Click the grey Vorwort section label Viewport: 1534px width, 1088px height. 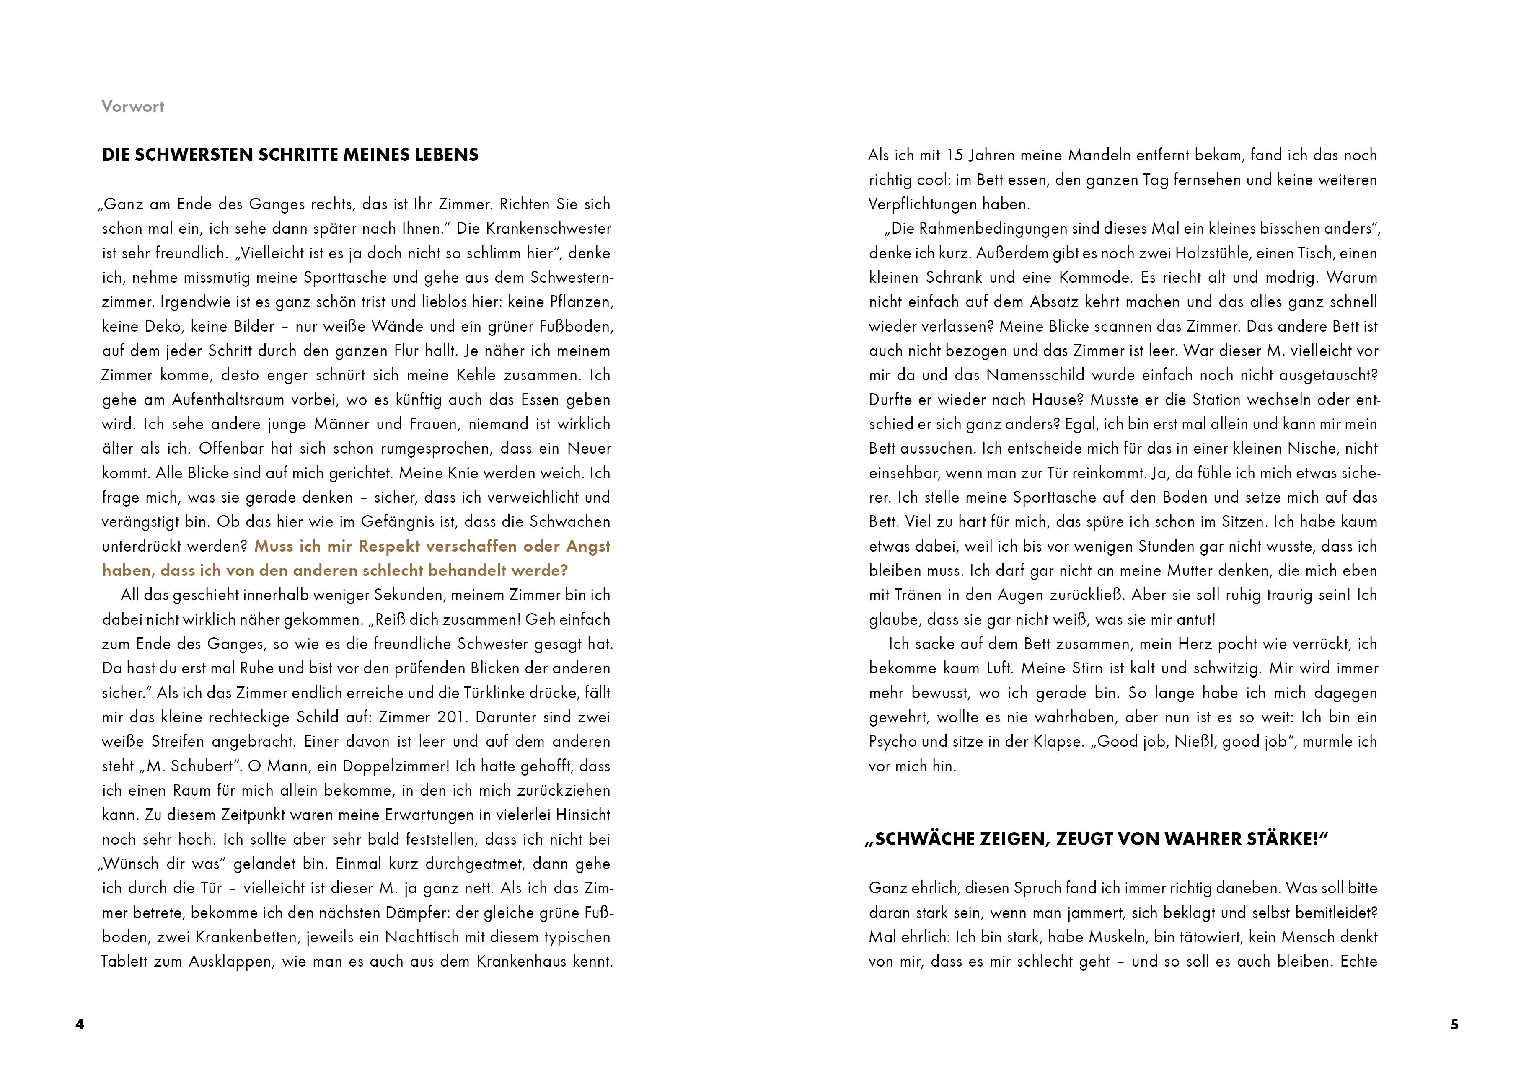[133, 106]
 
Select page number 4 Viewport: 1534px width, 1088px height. [80, 1024]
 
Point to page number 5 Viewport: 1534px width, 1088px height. [1454, 1024]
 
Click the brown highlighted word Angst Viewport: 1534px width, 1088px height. [588, 546]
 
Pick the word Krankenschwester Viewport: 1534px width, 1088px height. [548, 229]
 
